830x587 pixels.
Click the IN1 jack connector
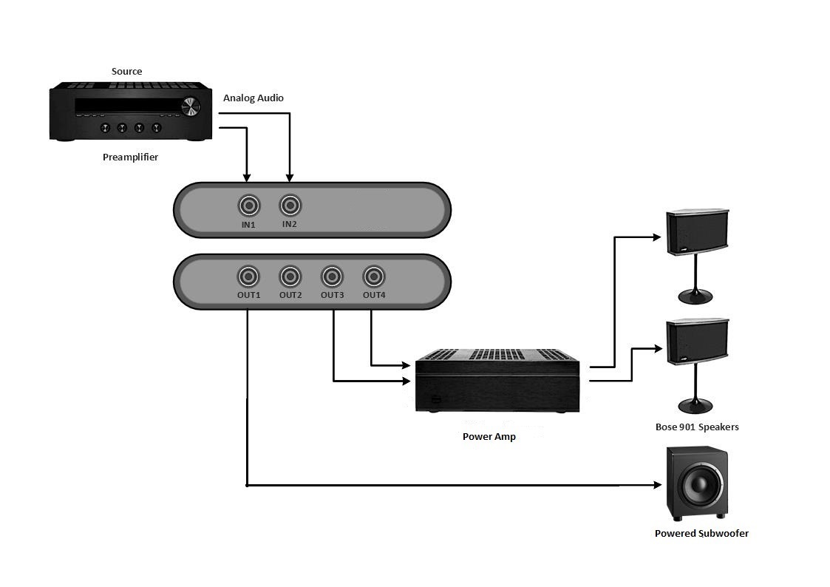(248, 205)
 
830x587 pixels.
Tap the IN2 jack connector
(290, 204)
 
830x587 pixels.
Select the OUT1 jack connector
(248, 277)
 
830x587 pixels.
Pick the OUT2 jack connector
(290, 277)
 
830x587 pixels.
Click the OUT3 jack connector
(332, 277)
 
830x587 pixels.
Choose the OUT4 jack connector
(374, 277)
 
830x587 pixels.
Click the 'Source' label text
(126, 71)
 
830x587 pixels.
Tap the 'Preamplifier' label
(130, 157)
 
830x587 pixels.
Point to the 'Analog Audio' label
(253, 98)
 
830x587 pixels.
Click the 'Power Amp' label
(489, 436)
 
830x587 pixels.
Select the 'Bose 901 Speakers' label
(696, 427)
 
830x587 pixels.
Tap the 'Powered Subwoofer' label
(701, 533)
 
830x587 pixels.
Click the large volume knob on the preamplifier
(191, 106)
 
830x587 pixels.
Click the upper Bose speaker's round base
(695, 296)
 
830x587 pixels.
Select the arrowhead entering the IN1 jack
(247, 177)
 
